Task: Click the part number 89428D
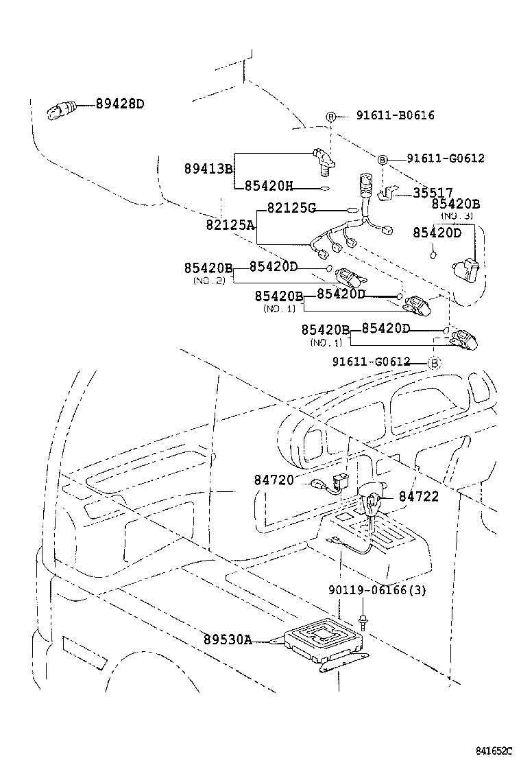tap(120, 104)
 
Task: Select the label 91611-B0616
tap(395, 115)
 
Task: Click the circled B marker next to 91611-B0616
tap(330, 116)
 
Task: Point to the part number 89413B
tap(208, 169)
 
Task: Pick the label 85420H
tap(269, 185)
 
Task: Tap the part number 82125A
tap(230, 224)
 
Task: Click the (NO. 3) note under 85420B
tap(457, 215)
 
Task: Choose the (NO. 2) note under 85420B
tap(206, 281)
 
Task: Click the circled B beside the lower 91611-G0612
tap(433, 362)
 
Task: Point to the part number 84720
tap(274, 481)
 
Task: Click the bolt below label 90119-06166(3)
tap(363, 623)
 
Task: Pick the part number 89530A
tap(227, 640)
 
